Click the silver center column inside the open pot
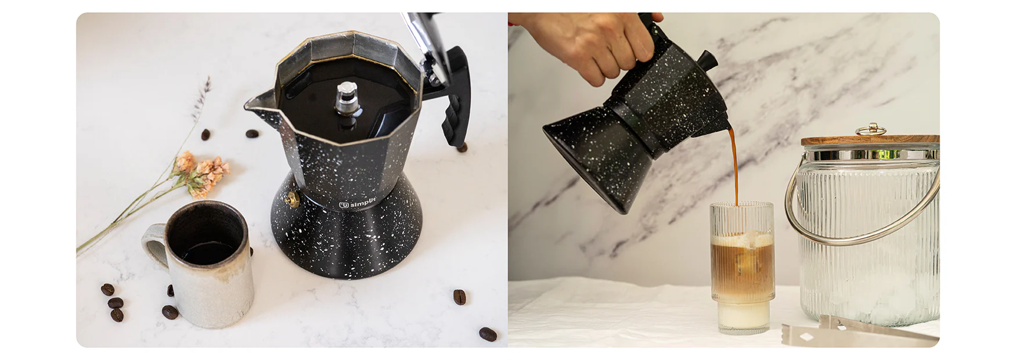[x=347, y=99]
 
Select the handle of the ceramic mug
[x=152, y=244]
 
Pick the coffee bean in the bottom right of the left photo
[x=488, y=334]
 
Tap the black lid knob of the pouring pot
[x=707, y=59]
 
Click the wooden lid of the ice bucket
[x=870, y=140]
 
